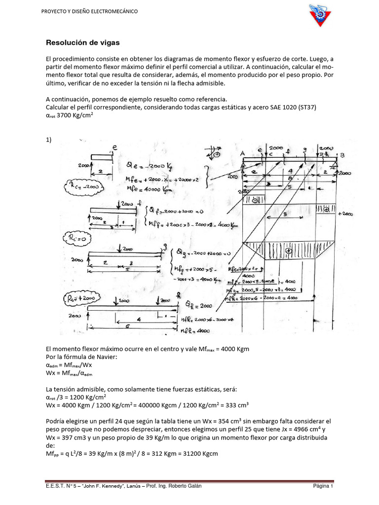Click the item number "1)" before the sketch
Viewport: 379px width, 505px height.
point(48,140)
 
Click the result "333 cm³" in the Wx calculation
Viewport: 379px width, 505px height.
point(239,405)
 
